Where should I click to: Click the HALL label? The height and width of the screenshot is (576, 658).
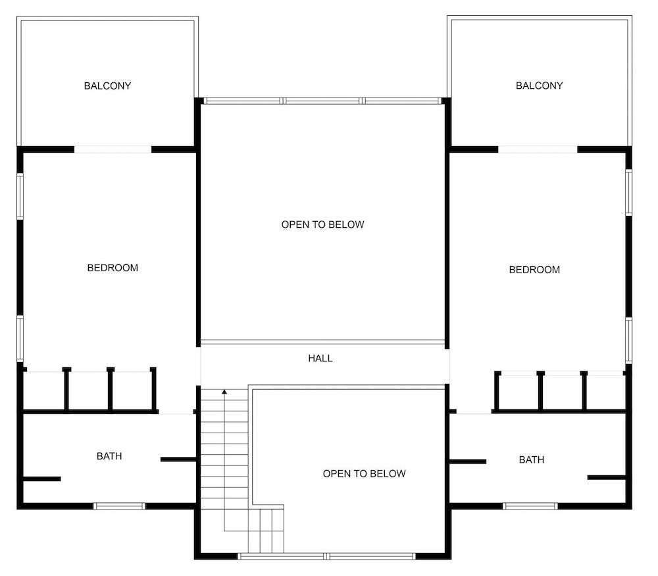click(x=320, y=358)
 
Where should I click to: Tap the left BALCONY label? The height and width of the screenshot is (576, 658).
click(x=107, y=86)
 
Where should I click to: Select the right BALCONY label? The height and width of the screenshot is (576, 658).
click(x=540, y=85)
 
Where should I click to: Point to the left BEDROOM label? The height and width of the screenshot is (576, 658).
click(x=113, y=268)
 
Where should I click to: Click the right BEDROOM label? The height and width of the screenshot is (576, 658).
click(x=534, y=269)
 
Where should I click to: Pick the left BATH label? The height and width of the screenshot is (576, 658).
click(x=109, y=456)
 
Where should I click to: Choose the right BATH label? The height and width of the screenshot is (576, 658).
click(x=532, y=459)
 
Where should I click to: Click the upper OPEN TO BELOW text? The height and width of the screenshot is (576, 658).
click(x=322, y=224)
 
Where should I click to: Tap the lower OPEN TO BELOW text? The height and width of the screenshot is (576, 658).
click(x=365, y=473)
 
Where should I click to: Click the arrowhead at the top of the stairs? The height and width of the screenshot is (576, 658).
click(x=224, y=392)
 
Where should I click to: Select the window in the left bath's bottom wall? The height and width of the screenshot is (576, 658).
click(x=119, y=506)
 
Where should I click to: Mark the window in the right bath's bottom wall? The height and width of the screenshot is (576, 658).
click(x=530, y=506)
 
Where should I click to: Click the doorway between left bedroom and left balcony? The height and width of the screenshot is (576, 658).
click(x=113, y=149)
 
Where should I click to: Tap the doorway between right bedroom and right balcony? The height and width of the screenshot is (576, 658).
click(x=538, y=149)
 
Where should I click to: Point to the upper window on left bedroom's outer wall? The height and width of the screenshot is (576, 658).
click(x=20, y=196)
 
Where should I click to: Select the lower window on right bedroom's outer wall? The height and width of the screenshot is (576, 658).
click(x=628, y=340)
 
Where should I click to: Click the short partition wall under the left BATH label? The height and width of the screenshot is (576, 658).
click(x=41, y=479)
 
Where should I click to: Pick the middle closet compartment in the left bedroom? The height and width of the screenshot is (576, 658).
click(x=88, y=390)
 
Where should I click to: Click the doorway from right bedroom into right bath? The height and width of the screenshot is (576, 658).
click(x=474, y=412)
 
